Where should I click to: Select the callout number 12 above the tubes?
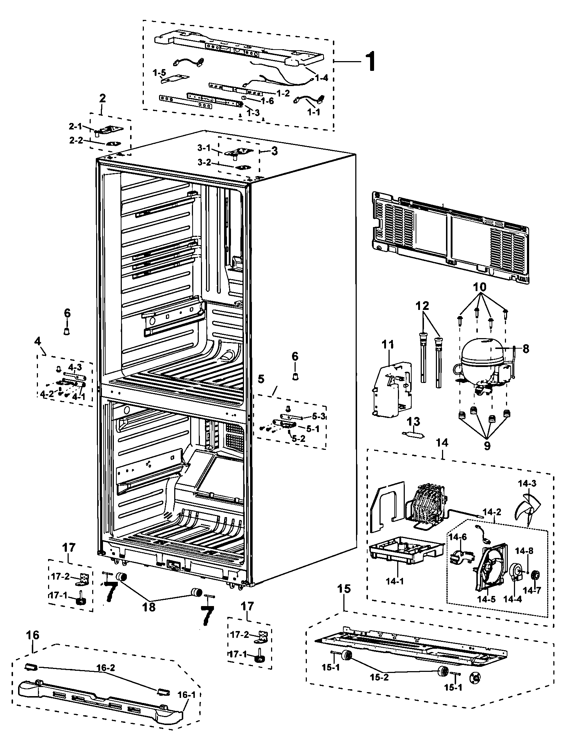[x=422, y=306]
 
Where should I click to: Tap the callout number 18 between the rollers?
[x=149, y=606]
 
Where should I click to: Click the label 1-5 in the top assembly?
[x=159, y=73]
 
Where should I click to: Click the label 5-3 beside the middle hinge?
[x=318, y=417]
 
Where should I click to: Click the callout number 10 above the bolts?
[x=481, y=287]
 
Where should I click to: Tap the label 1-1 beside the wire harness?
[x=313, y=112]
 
